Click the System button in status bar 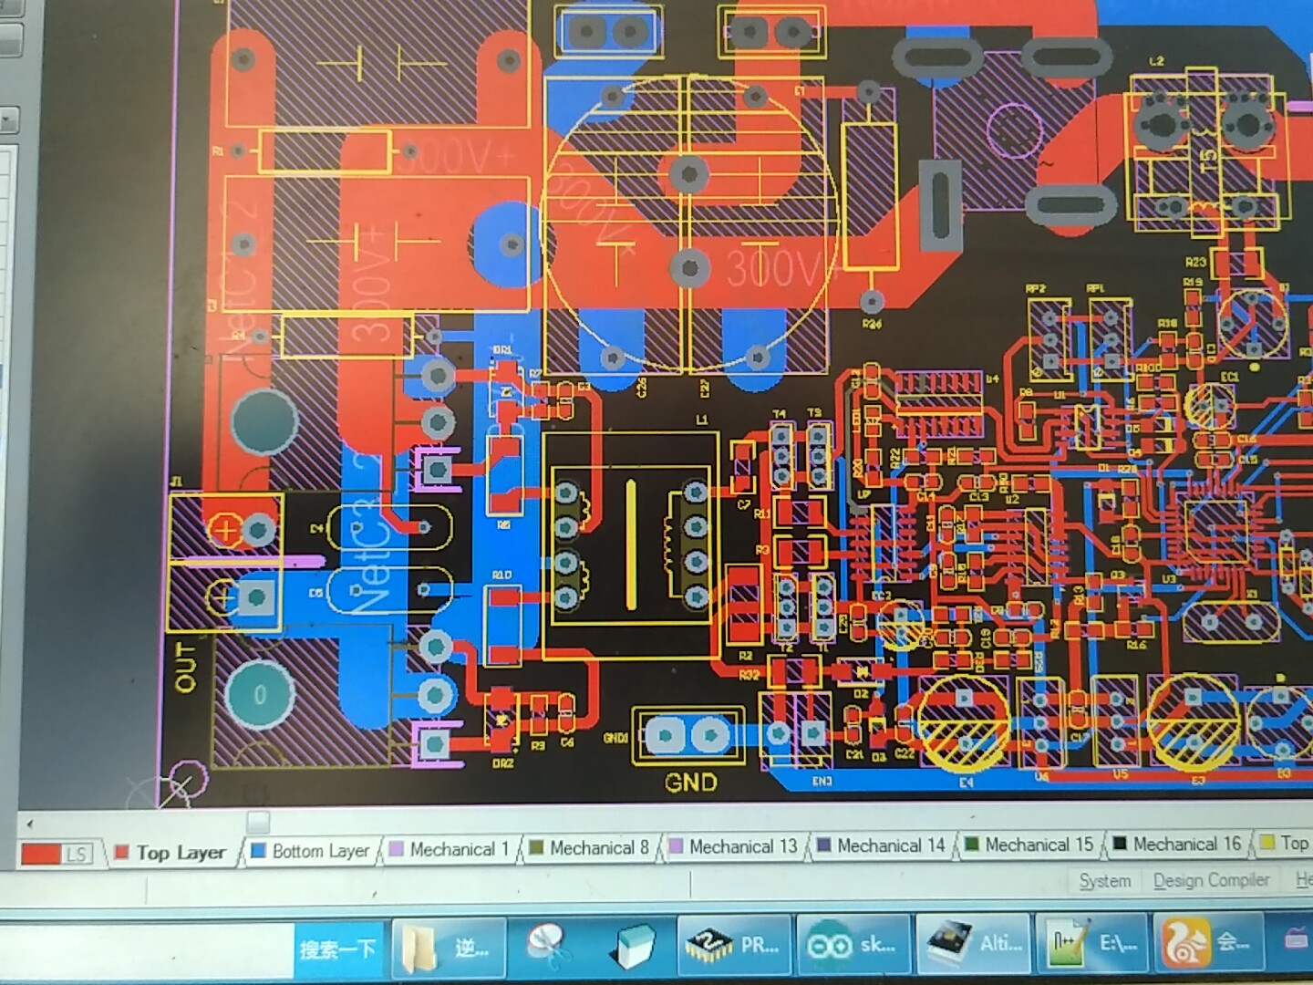[1104, 881]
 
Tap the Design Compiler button [1211, 880]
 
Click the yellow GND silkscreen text [690, 783]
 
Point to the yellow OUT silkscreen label [185, 667]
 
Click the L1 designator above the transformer [701, 420]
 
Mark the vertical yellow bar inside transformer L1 [631, 544]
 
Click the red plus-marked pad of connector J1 [225, 528]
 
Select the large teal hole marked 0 [260, 695]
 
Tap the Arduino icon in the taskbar [829, 945]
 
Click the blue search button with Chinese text [337, 949]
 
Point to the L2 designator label [1156, 61]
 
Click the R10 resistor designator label [501, 575]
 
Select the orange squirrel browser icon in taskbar [1184, 943]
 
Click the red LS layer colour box [55, 854]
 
